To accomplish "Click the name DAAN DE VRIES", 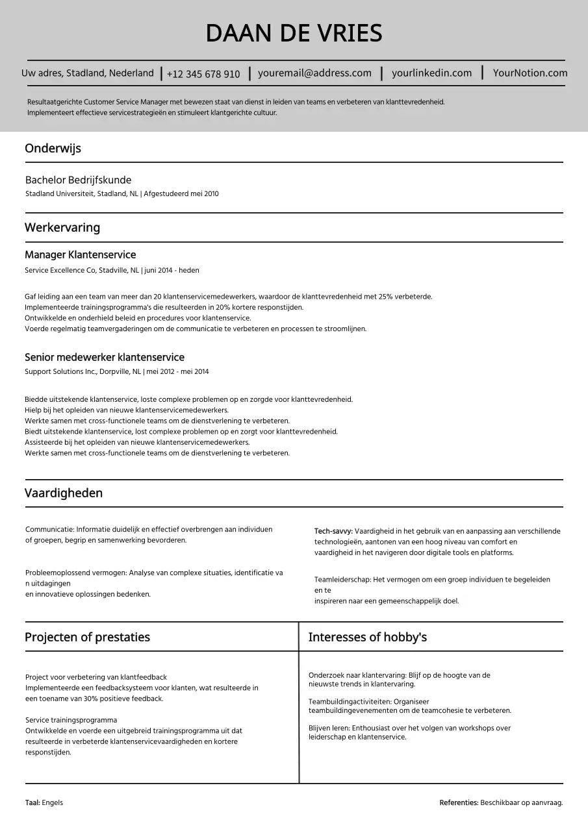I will (294, 33).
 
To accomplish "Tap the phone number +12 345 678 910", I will (203, 74).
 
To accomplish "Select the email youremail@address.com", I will (314, 73).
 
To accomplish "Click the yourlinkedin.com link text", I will (431, 73).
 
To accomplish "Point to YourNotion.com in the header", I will (530, 73).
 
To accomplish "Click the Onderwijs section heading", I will (53, 148).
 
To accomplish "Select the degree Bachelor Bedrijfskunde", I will (78, 180).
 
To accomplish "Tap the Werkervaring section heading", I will (62, 227).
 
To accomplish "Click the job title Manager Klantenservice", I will (80, 254).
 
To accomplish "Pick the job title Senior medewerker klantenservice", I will (104, 357).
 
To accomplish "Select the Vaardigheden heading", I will (64, 493).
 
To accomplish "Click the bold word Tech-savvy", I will (333, 531).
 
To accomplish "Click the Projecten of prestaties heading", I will (87, 637).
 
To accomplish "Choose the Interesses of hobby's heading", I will (367, 637).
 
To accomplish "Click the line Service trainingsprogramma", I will (71, 720).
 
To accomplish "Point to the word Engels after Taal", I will (53, 803).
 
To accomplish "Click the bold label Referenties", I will (459, 803).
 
